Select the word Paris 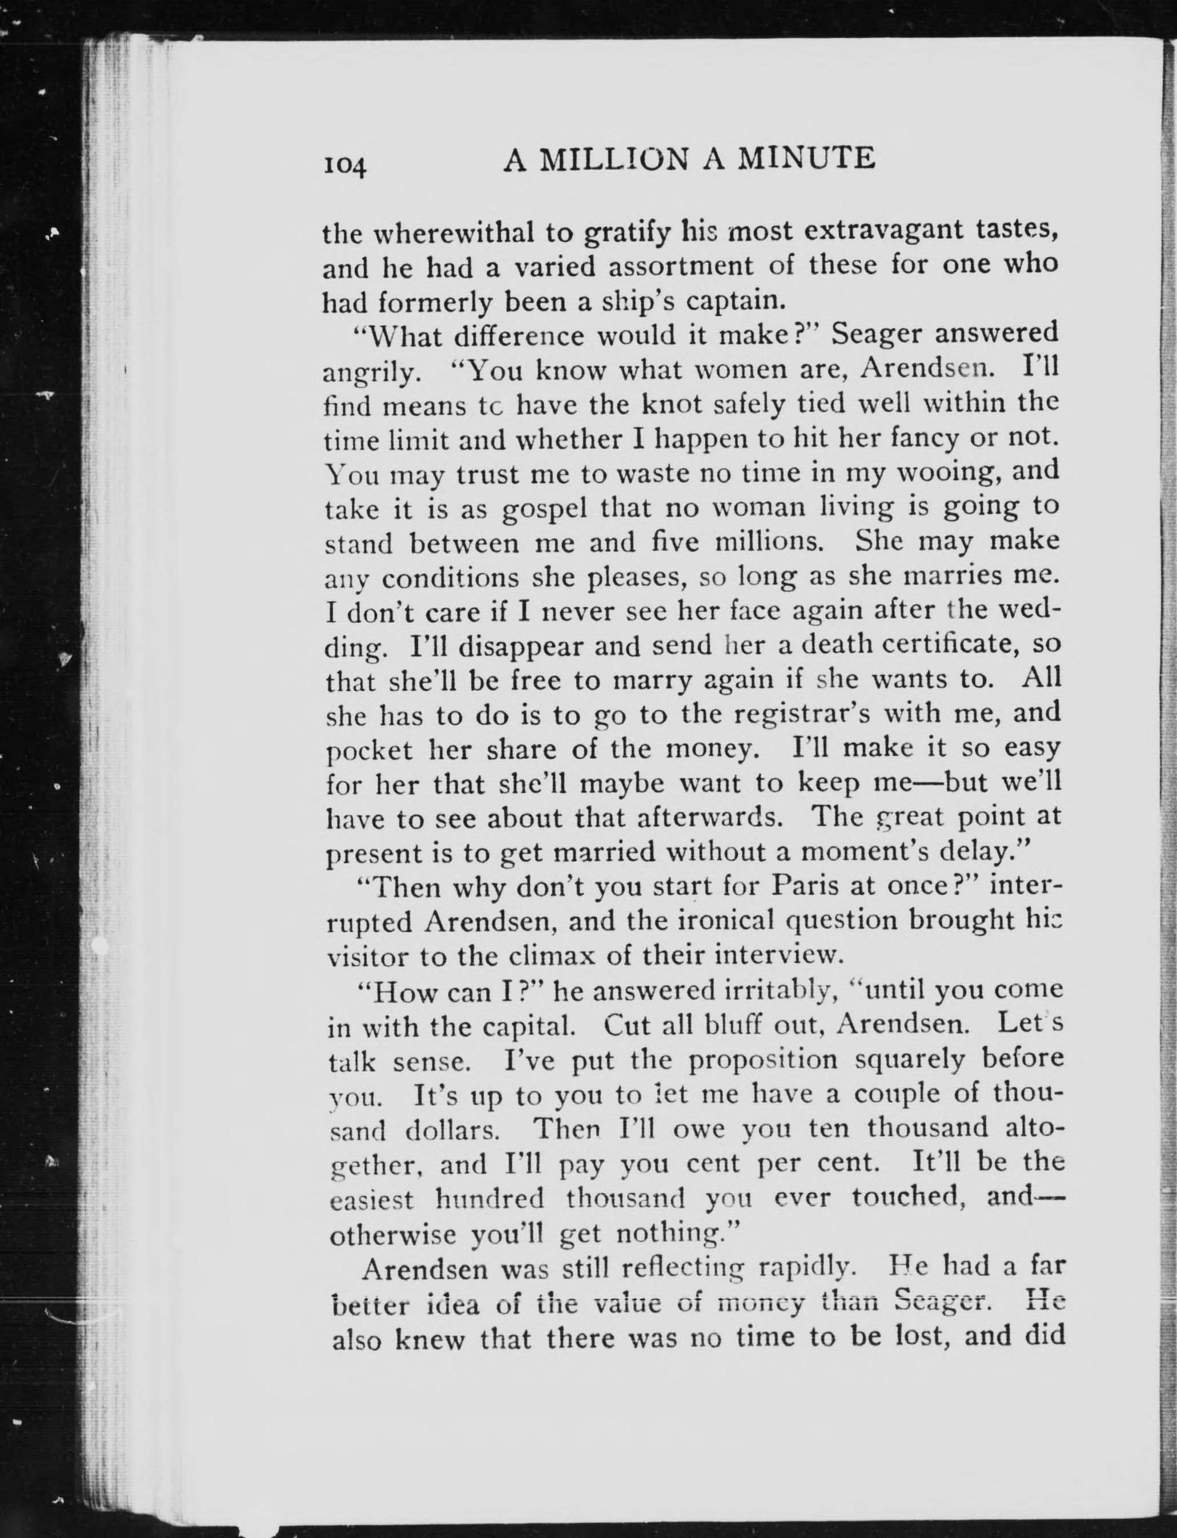(x=804, y=887)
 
